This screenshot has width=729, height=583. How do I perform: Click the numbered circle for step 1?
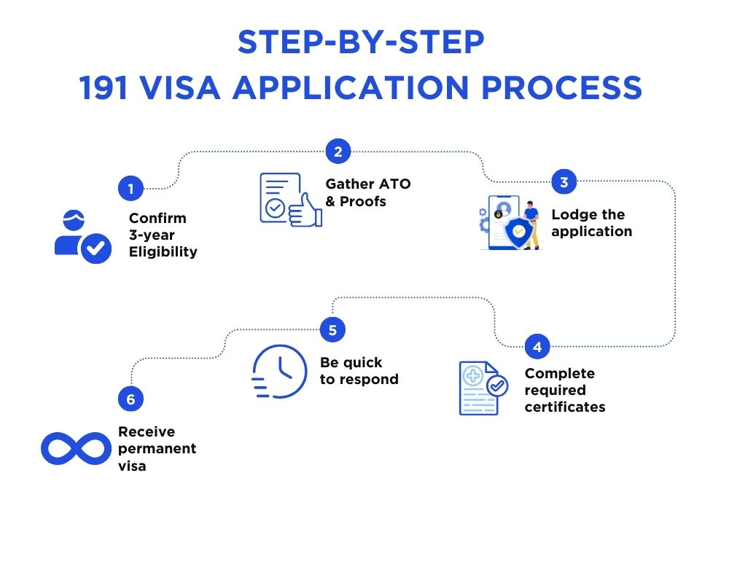click(x=130, y=189)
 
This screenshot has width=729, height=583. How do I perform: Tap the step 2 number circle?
click(x=338, y=152)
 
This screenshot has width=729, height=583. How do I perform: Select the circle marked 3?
click(x=564, y=181)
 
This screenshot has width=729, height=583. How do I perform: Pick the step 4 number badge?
click(x=537, y=347)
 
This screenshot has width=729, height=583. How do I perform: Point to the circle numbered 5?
click(x=332, y=330)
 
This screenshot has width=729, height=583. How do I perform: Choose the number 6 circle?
click(x=130, y=399)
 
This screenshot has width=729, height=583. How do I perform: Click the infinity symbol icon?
click(x=76, y=448)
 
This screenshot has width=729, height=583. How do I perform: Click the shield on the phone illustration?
click(x=518, y=232)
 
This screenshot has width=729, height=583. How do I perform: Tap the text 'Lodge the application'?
click(x=591, y=223)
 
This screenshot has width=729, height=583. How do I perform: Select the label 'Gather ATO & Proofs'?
click(x=367, y=192)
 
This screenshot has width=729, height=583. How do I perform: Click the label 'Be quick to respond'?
click(x=359, y=371)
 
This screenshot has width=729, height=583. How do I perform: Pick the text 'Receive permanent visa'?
click(x=157, y=448)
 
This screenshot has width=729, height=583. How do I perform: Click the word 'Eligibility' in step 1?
click(x=163, y=252)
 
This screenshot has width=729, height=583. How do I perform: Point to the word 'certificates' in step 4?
click(x=565, y=407)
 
